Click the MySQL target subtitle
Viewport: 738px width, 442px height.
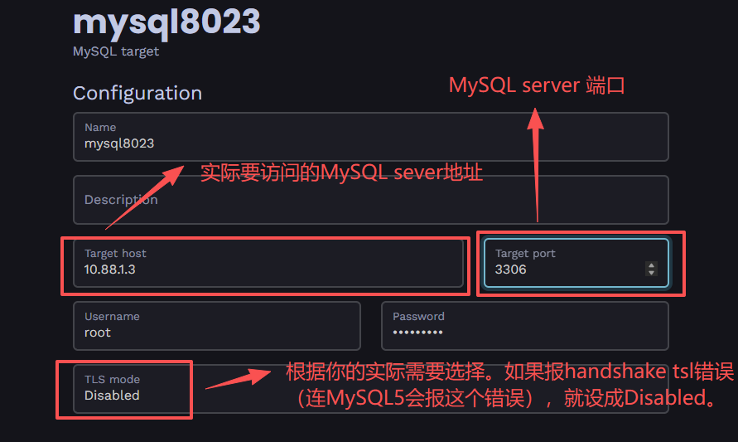pos(116,51)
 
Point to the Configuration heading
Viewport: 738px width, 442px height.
pos(137,93)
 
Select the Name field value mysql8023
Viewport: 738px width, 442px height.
pos(119,143)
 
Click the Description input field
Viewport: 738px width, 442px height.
pos(370,200)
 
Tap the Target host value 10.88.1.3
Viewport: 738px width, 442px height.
pos(109,270)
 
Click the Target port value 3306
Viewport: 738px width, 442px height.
pos(510,270)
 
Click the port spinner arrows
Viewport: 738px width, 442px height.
pos(651,269)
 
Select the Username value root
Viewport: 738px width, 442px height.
pos(98,333)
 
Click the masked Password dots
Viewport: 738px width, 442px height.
pos(417,333)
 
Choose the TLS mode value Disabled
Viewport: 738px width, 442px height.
pos(112,396)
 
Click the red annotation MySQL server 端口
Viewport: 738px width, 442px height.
pos(536,85)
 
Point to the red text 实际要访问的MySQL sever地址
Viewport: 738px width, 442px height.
pos(341,173)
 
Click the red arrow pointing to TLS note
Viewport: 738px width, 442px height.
pos(236,380)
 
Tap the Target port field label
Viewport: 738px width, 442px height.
pos(525,254)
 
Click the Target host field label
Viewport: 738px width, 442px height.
pos(115,254)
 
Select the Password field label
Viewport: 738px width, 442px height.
pos(418,317)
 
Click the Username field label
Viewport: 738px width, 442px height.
pos(112,317)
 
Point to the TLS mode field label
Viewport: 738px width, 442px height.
pos(112,380)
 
